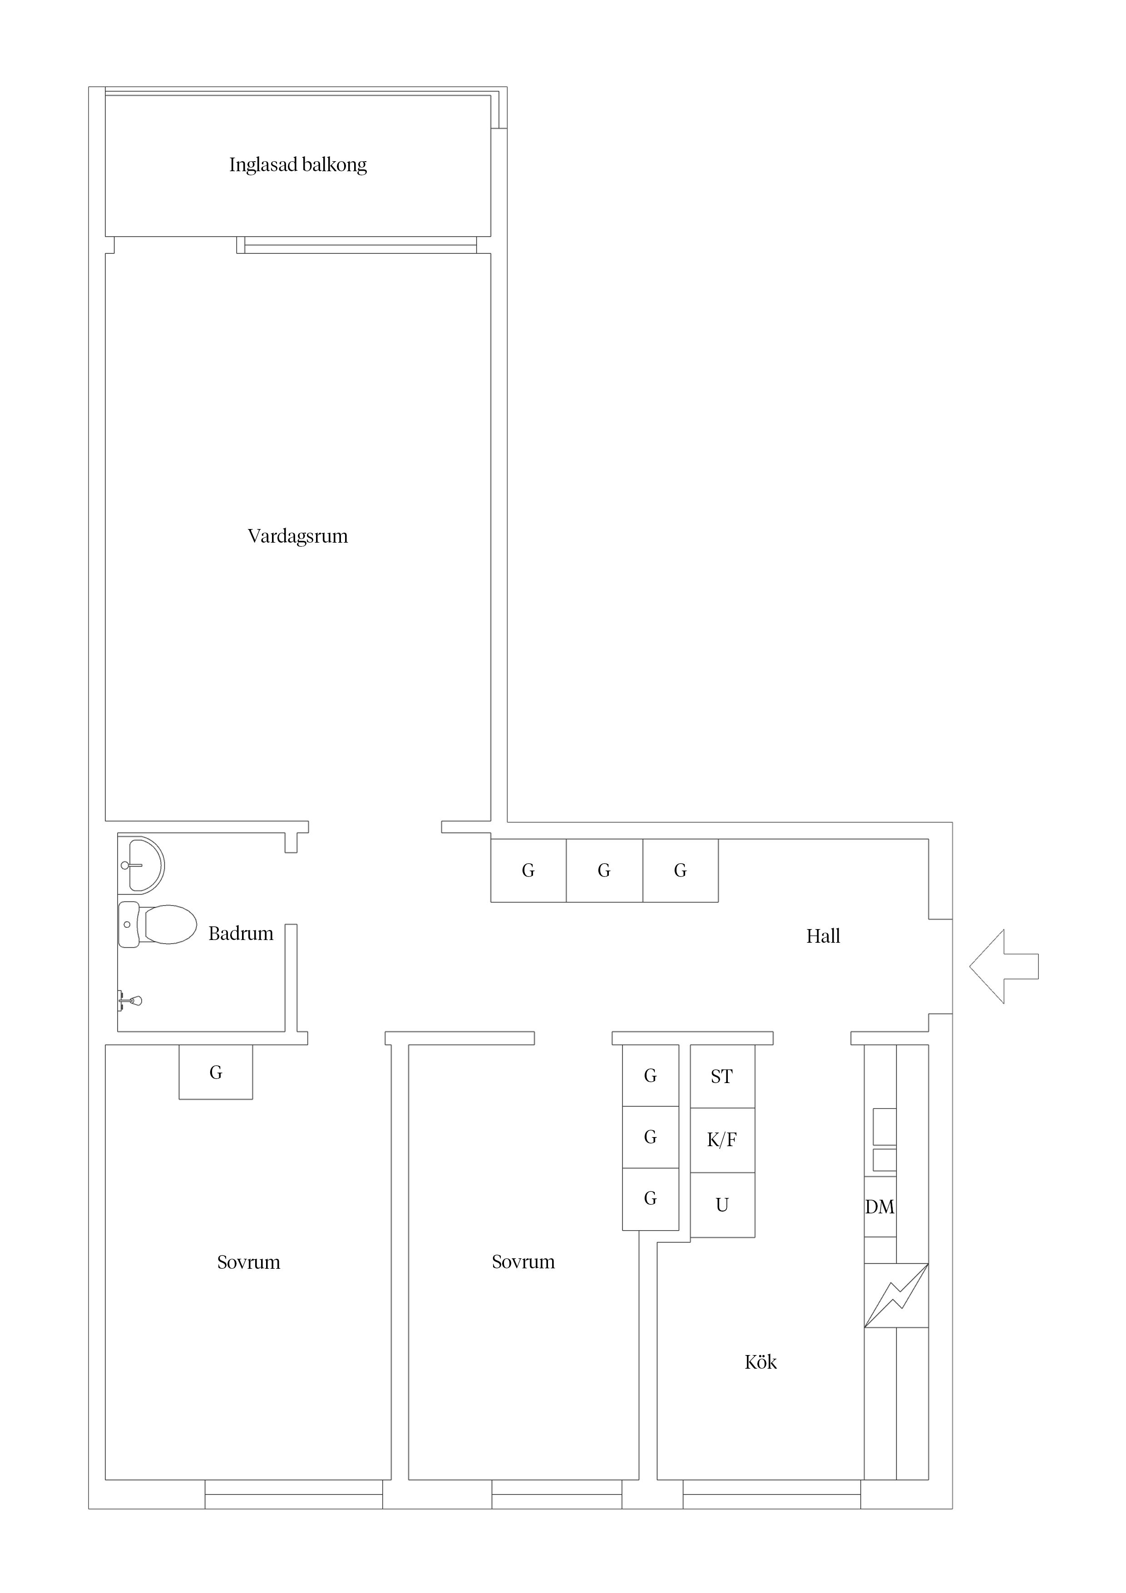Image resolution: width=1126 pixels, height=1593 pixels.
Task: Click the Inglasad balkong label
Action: [298, 165]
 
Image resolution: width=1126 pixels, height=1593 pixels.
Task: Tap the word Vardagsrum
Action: [298, 536]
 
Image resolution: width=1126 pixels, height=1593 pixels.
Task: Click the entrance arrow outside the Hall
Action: [1004, 966]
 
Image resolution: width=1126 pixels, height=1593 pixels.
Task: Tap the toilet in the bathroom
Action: [158, 924]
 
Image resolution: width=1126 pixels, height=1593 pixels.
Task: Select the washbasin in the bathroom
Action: [141, 865]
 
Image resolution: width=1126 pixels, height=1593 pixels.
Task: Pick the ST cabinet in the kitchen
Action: [722, 1076]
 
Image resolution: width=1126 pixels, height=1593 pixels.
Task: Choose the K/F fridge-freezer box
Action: [722, 1140]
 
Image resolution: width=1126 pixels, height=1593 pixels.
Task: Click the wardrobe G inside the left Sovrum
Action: [216, 1072]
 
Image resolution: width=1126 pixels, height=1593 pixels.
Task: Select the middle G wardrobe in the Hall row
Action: [604, 871]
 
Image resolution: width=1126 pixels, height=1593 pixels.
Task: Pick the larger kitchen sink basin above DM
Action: [884, 1126]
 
